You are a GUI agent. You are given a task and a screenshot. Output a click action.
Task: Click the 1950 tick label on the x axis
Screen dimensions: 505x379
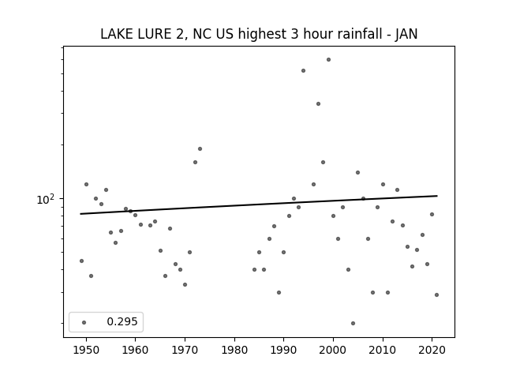(86, 350)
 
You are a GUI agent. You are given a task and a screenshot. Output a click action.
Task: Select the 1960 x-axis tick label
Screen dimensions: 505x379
(135, 350)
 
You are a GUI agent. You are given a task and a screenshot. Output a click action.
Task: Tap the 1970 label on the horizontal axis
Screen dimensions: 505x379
(185, 350)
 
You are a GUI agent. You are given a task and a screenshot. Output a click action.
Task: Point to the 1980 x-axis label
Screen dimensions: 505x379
(234, 350)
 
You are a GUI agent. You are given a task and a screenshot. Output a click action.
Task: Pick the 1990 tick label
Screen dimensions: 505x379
(284, 350)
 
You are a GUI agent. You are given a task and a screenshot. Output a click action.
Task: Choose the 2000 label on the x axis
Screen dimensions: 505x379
(333, 350)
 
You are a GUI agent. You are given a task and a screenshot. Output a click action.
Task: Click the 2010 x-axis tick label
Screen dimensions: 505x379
(383, 350)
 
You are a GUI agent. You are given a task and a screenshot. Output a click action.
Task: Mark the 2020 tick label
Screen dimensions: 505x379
(432, 350)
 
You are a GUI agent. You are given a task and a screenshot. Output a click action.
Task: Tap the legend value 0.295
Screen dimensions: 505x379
(122, 321)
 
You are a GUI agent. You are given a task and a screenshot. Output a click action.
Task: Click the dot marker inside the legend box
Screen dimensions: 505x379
(84, 322)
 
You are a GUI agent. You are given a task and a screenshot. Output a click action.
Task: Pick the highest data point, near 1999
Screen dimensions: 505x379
(328, 60)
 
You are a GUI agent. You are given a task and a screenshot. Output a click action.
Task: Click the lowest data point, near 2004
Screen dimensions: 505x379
(353, 323)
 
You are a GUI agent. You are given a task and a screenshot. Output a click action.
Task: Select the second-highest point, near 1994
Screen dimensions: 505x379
(303, 70)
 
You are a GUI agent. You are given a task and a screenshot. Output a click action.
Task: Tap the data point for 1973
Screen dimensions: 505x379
(200, 149)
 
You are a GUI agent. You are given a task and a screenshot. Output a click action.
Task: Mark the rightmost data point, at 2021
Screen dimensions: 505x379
(436, 295)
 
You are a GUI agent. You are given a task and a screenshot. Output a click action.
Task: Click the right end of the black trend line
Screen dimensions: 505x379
(437, 196)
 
